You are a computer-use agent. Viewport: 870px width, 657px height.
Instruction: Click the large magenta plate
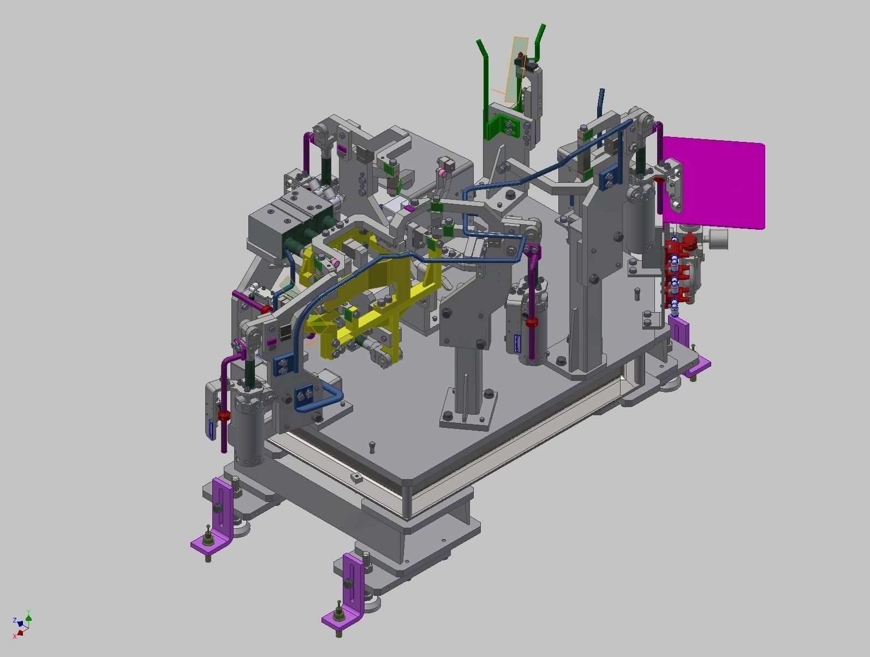click(715, 183)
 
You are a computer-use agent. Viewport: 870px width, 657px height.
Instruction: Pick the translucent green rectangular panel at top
click(516, 70)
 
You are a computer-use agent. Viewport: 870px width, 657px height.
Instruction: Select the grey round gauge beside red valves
click(719, 238)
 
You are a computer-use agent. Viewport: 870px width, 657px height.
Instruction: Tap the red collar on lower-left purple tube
click(223, 416)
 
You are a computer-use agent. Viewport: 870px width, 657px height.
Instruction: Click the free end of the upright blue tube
click(602, 92)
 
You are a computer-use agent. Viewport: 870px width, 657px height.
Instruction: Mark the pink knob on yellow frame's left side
click(330, 264)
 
